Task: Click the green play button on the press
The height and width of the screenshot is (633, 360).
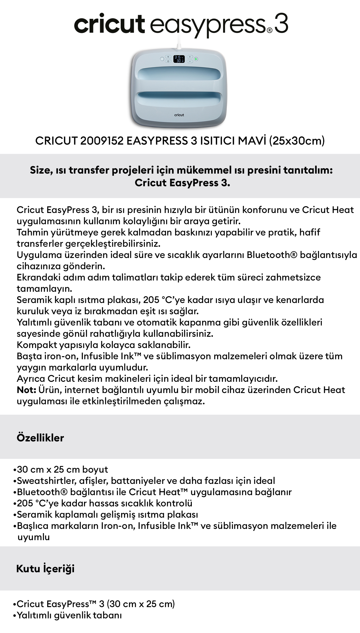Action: (196, 59)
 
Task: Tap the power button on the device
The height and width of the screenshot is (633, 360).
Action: (162, 59)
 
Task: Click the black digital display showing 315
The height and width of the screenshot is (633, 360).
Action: (179, 59)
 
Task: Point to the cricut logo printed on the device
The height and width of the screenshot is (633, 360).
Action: (179, 115)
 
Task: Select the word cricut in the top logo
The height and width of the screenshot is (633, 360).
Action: (109, 24)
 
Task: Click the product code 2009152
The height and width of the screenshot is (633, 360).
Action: (102, 141)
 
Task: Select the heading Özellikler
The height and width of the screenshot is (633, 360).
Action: (40, 438)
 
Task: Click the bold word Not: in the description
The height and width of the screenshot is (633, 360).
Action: (26, 390)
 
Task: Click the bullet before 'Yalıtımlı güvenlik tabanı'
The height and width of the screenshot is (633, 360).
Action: (15, 615)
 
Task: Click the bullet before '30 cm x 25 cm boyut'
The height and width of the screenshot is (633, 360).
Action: (15, 470)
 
